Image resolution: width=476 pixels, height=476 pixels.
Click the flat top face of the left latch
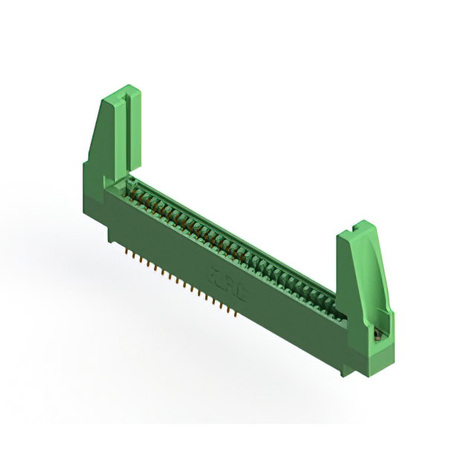[x=119, y=94]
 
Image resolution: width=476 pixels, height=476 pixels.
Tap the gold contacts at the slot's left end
[x=138, y=189]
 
